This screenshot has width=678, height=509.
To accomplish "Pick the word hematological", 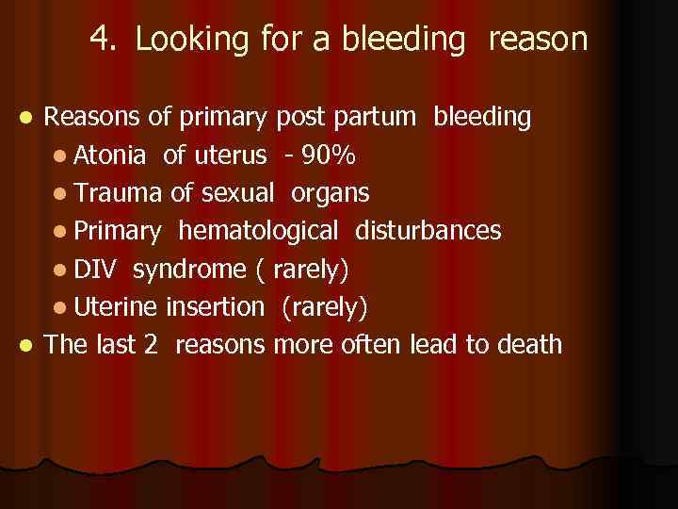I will click(x=258, y=231).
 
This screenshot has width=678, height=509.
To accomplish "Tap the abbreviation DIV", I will click(x=96, y=269).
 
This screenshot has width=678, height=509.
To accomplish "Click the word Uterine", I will click(x=117, y=306).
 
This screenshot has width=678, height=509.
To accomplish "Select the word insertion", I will click(x=216, y=306).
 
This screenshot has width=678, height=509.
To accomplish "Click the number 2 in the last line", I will click(x=150, y=344).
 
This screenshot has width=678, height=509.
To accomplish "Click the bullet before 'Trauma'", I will click(x=61, y=194).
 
